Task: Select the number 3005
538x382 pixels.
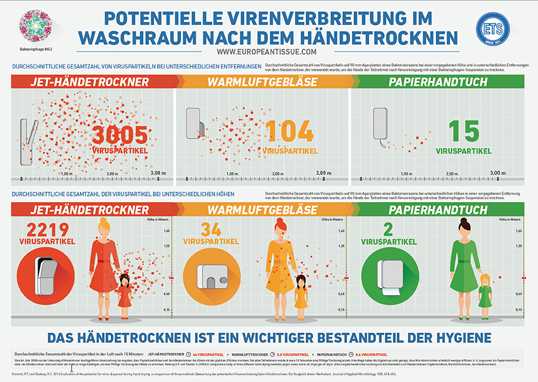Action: pyautogui.click(x=120, y=135)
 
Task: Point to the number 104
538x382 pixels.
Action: pyautogui.click(x=290, y=132)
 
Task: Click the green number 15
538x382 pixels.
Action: pyautogui.click(x=463, y=132)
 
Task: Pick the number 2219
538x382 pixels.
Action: pyautogui.click(x=44, y=230)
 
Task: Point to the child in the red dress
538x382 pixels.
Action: pyautogui.click(x=125, y=295)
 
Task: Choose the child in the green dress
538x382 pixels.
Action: pyautogui.click(x=486, y=293)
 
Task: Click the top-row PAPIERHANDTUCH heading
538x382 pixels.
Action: pyautogui.click(x=438, y=82)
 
